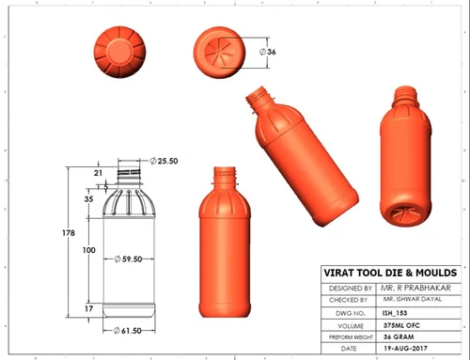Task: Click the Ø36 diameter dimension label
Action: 268,52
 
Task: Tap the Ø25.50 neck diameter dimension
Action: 164,161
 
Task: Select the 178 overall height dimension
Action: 69,233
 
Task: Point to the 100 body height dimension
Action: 89,250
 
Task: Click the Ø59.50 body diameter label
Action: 128,259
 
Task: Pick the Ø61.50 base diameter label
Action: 127,331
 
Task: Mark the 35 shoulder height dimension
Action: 88,199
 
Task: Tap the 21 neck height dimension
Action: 98,173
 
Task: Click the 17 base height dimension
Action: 89,308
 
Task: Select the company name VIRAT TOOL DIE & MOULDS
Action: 390,273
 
